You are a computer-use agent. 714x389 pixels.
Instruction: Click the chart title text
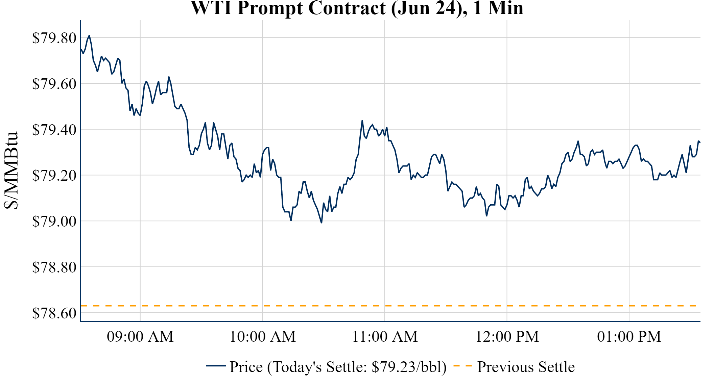[357, 8]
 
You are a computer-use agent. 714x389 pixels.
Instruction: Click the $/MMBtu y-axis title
[11, 171]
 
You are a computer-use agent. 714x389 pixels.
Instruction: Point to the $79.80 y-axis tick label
[54, 38]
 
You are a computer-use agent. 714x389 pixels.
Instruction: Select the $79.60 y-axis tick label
[54, 84]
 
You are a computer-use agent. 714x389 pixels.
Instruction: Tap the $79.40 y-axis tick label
[54, 130]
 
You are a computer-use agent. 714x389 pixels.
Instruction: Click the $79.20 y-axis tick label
[54, 176]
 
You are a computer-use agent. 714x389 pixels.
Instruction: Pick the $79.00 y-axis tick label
[54, 222]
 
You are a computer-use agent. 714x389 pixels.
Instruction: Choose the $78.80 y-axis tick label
[54, 267]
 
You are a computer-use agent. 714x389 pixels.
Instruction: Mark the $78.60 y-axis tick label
[54, 313]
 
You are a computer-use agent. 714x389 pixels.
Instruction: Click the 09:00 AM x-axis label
[140, 337]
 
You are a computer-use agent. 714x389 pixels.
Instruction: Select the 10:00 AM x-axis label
[263, 337]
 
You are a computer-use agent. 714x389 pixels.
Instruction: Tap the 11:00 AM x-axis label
[385, 337]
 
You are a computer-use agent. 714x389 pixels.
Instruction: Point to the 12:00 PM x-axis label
[507, 337]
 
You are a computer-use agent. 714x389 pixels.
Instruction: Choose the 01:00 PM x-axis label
[629, 337]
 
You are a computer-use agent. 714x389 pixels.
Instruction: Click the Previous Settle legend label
[526, 367]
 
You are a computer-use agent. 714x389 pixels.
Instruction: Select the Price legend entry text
[338, 367]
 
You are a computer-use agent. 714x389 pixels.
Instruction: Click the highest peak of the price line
[89, 35]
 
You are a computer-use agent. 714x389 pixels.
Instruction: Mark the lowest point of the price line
[321, 223]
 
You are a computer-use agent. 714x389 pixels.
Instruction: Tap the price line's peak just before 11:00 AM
[362, 121]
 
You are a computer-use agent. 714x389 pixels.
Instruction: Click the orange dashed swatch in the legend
[462, 366]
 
